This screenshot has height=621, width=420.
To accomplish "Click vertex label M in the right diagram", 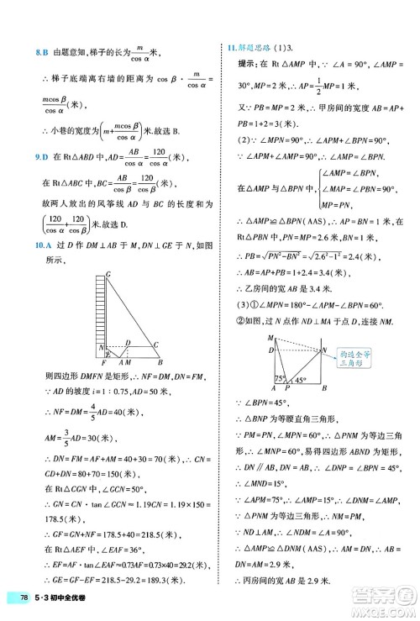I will [270, 337].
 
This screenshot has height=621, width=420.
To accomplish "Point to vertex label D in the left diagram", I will [127, 343].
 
